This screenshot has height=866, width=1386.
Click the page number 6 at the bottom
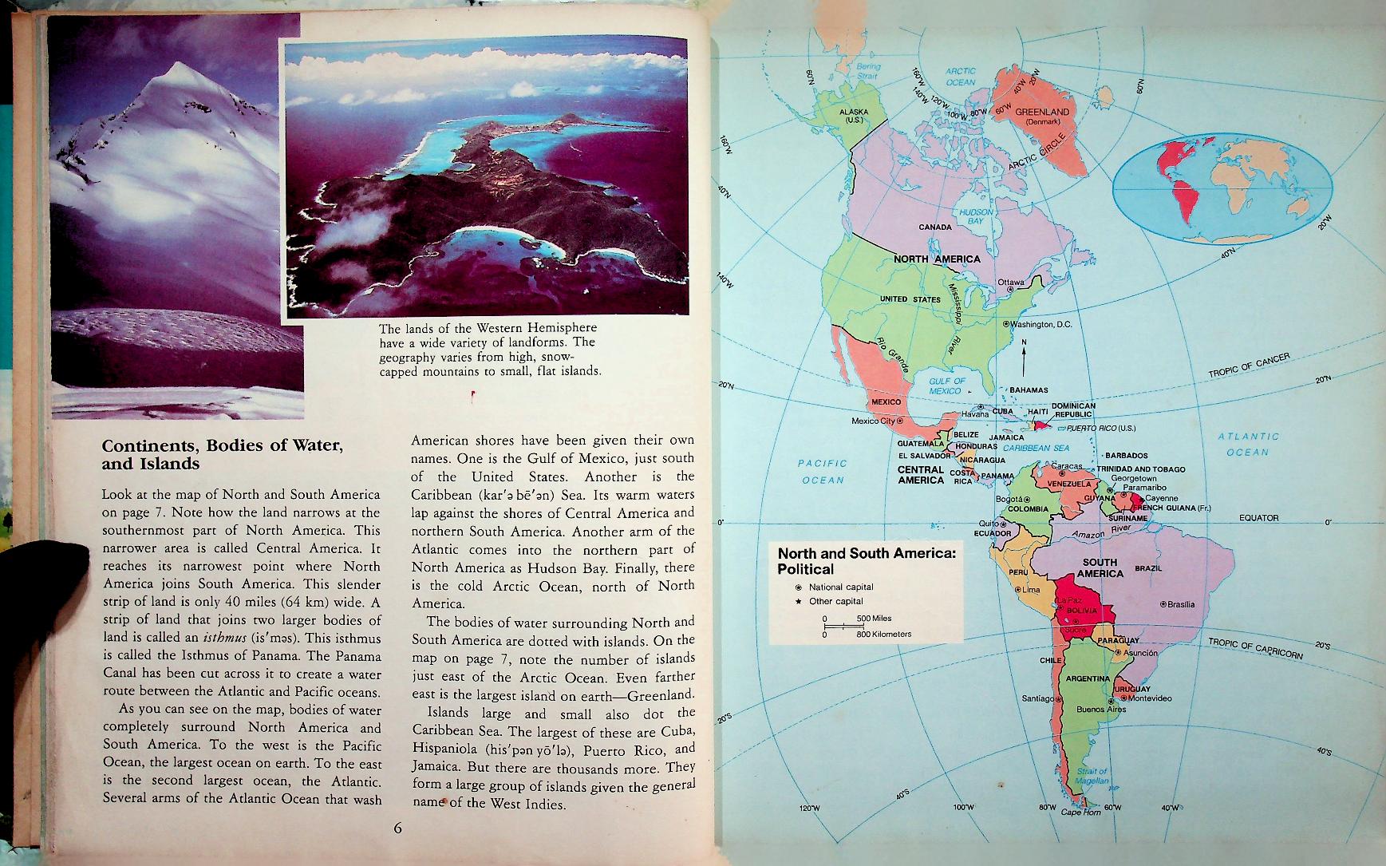398,828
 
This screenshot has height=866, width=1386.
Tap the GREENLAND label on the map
1041,113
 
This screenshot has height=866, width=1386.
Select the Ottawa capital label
1010,283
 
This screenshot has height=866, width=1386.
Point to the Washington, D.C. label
1040,325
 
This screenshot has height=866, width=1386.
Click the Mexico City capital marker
899,420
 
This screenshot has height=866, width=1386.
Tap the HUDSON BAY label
975,216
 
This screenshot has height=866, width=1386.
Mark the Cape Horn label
1080,813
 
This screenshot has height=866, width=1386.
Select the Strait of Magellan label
1092,777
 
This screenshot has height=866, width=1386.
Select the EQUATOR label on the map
1258,518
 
